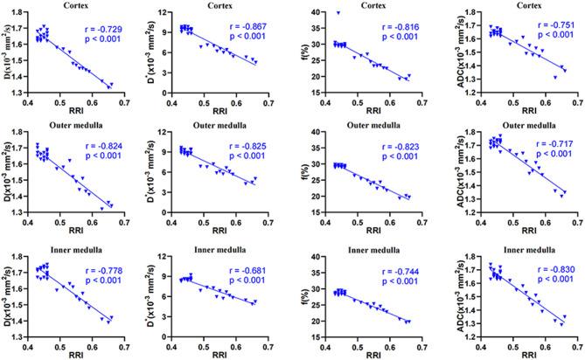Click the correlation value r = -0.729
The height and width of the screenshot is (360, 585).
pyautogui.click(x=103, y=41)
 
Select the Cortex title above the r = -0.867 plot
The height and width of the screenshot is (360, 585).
pyautogui.click(x=230, y=5)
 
